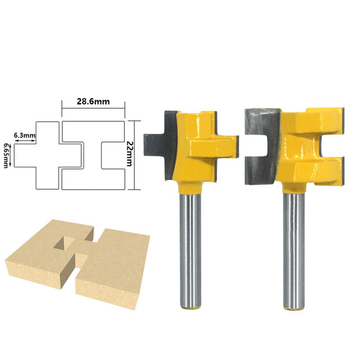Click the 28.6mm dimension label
(x=93, y=101)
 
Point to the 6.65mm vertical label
(x=6, y=155)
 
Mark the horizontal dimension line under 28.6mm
(x=93, y=107)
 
